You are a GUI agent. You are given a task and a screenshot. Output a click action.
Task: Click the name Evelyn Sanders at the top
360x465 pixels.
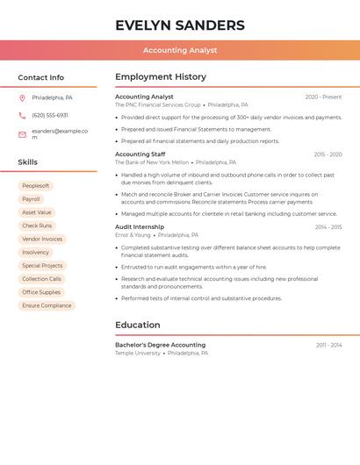click(180, 25)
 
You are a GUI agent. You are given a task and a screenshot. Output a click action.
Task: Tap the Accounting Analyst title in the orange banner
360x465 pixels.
click(180, 50)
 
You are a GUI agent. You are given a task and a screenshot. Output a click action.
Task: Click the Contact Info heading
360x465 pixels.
click(40, 77)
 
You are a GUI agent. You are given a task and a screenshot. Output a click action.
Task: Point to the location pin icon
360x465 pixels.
click(22, 97)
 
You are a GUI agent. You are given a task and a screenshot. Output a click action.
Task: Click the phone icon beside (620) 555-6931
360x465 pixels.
click(22, 116)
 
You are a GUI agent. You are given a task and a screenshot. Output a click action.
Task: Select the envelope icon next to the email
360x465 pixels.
click(22, 134)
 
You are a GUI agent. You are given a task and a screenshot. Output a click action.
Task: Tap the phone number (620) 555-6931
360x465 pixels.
click(50, 116)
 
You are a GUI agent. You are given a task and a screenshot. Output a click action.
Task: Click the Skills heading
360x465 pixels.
click(27, 162)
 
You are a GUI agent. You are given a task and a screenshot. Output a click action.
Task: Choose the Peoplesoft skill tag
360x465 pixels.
click(35, 186)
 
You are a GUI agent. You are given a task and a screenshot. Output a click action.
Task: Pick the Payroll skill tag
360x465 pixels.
click(31, 199)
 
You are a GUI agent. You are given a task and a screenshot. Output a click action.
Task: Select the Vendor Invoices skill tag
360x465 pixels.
click(42, 239)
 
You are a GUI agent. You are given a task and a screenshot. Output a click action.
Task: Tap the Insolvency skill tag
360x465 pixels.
click(35, 253)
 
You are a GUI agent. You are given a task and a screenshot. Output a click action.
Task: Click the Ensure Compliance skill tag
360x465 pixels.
click(47, 305)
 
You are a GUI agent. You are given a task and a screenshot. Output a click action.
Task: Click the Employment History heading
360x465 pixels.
click(161, 77)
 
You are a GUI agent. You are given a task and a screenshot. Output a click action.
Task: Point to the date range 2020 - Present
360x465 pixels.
click(323, 97)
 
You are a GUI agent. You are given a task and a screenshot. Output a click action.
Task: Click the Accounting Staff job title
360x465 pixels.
click(140, 154)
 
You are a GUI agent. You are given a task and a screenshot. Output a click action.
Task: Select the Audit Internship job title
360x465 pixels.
click(140, 227)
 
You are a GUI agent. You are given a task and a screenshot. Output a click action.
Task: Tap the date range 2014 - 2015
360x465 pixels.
click(328, 227)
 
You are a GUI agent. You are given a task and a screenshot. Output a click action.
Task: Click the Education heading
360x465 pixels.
click(137, 325)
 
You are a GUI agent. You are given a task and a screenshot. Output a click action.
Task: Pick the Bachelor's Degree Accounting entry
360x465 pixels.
click(160, 345)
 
